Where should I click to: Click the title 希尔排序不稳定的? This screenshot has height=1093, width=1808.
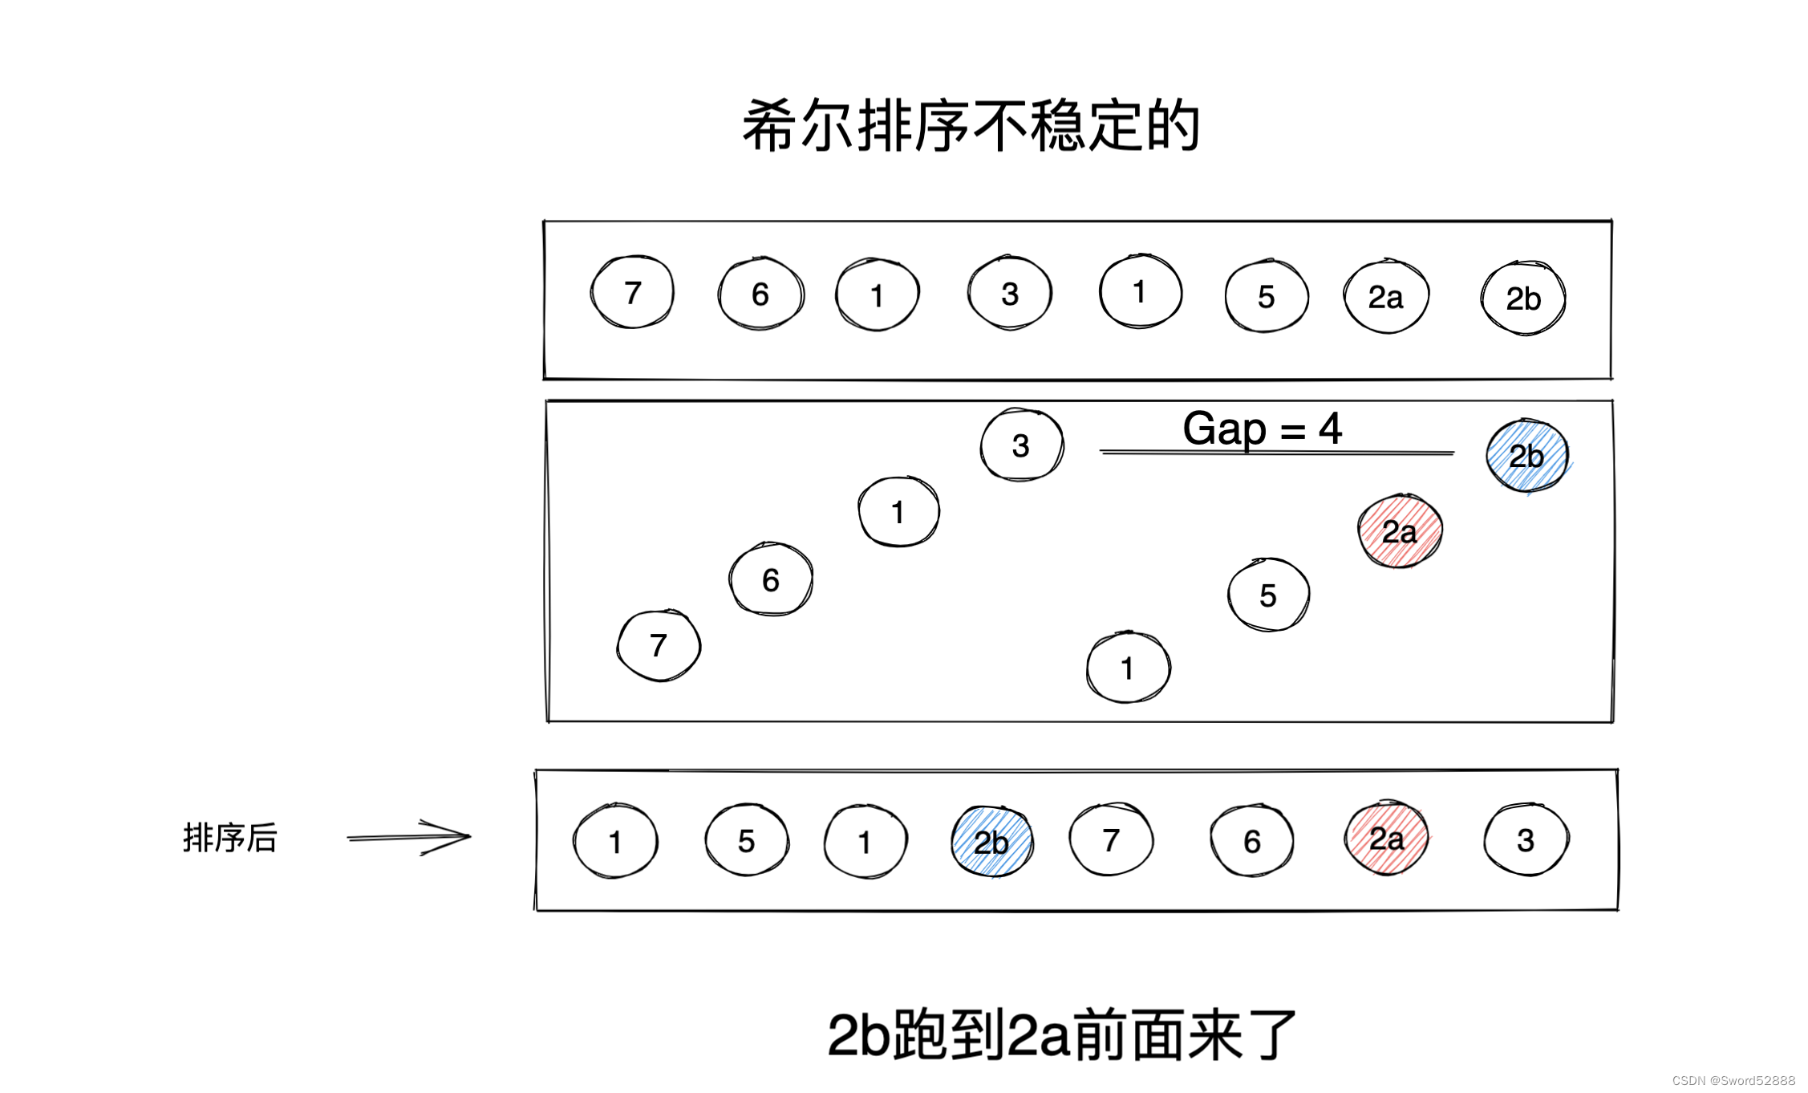coord(971,126)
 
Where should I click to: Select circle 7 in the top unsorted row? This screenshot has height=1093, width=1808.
coord(632,293)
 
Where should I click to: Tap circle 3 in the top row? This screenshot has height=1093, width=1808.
coord(1010,294)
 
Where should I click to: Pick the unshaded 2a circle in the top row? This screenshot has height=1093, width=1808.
coord(1386,297)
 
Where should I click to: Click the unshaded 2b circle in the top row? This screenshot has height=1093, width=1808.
coord(1522,299)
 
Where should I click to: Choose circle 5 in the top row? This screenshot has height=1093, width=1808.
coord(1267,297)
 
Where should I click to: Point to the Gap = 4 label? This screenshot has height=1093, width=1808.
coord(1262,429)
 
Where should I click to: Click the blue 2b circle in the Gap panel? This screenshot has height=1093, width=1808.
coord(1526,456)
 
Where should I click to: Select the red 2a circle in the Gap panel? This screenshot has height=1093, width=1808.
coord(1400,531)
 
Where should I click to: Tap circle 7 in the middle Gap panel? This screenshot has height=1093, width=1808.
coord(659,645)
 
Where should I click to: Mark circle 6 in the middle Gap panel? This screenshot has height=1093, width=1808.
coord(771,579)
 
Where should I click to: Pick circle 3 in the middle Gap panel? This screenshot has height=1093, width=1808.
coord(1021,445)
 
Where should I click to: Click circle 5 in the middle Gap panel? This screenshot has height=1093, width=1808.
coord(1268,595)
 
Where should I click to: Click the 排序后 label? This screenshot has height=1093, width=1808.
coord(230,839)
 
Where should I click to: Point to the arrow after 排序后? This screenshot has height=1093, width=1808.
coord(409,837)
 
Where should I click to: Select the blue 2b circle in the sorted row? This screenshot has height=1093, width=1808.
coord(991,843)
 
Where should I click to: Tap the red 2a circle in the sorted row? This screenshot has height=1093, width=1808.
coord(1386,839)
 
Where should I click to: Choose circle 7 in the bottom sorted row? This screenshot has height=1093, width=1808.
coord(1111,840)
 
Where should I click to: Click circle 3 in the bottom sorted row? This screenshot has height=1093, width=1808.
coord(1526,840)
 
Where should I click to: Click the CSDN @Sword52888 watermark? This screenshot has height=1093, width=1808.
coord(1733,1080)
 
